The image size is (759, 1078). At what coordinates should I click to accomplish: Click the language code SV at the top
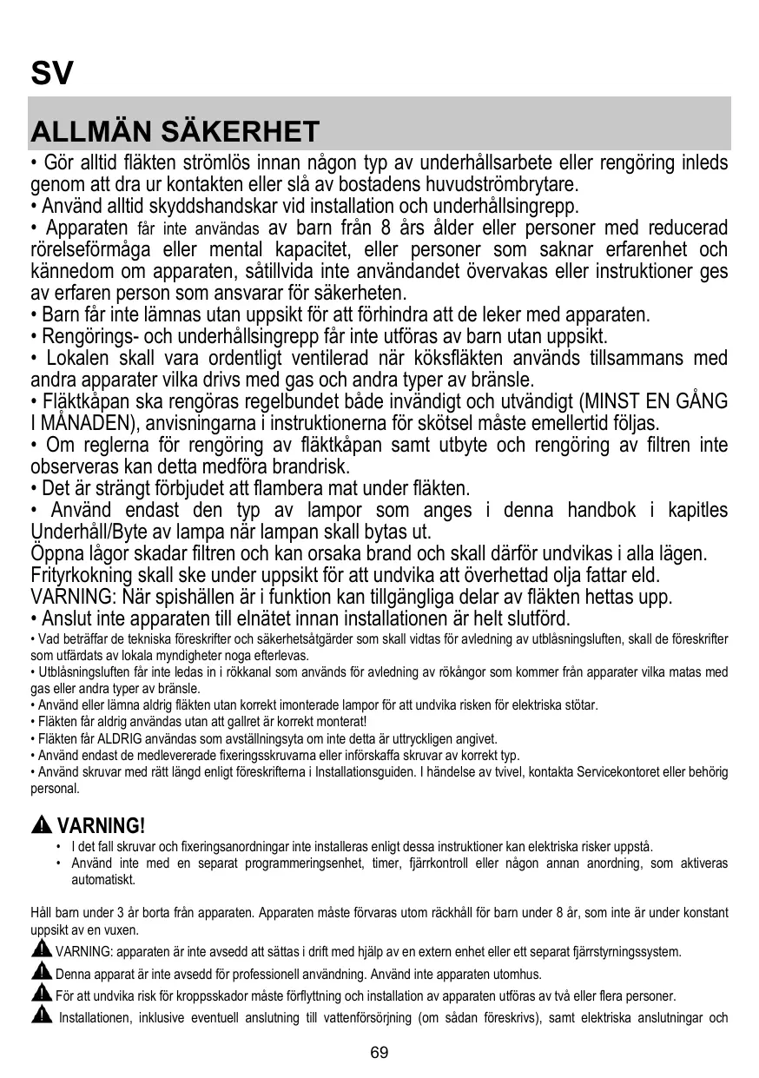[52, 73]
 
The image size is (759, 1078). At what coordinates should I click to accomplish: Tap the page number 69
[379, 1053]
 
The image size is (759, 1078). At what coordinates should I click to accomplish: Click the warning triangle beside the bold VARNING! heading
[42, 824]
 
